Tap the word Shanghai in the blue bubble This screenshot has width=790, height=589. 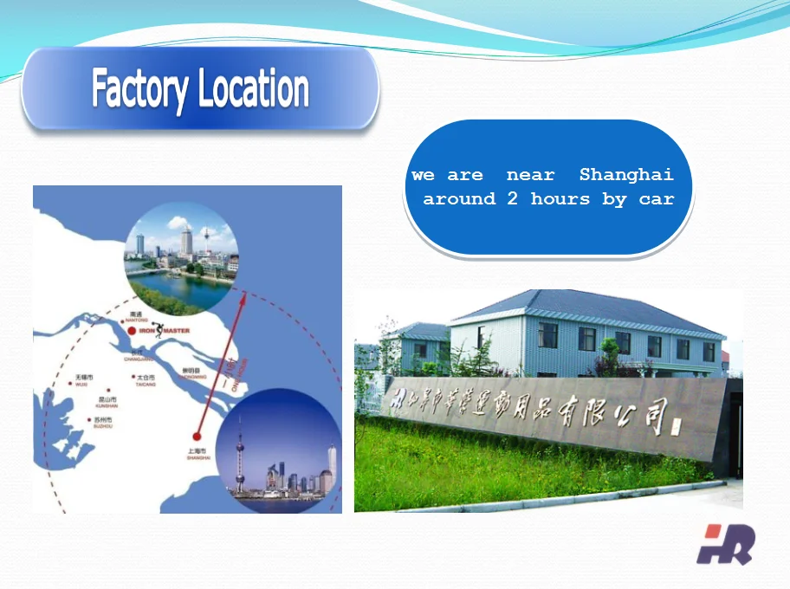(x=626, y=175)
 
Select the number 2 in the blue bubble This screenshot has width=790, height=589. (x=513, y=199)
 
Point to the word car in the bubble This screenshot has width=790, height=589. (x=657, y=199)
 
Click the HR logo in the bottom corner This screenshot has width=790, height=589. (x=725, y=544)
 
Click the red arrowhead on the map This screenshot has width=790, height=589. (x=243, y=299)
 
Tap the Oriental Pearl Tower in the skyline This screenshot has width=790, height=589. (x=240, y=450)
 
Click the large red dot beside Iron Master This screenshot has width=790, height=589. (x=131, y=331)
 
